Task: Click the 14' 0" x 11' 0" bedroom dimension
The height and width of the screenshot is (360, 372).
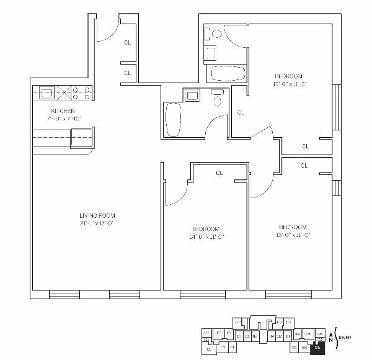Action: (x=206, y=236)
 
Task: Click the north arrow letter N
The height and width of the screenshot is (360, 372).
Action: (x=330, y=340)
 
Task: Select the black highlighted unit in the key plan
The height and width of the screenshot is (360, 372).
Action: (x=317, y=348)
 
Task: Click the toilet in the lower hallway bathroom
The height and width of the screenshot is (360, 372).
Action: (x=217, y=99)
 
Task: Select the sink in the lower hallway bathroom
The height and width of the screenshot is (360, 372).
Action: (x=192, y=95)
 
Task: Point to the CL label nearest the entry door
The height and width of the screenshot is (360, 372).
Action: (x=127, y=43)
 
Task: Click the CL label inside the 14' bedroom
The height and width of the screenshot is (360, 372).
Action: (x=219, y=173)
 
